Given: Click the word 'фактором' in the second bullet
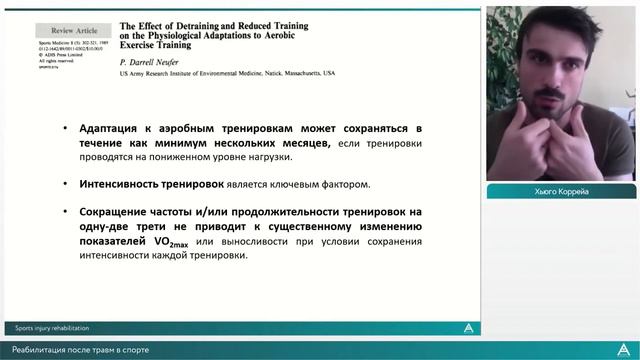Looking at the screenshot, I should [346, 185].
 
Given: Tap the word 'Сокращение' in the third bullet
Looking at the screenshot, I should [113, 211].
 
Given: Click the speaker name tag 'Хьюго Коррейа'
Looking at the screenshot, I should [561, 191].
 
